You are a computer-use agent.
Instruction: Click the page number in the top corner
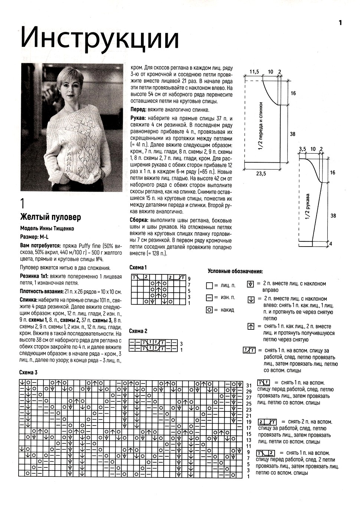(x=340, y=23)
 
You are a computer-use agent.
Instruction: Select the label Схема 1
(x=138, y=267)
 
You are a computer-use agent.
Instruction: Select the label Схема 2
(x=138, y=331)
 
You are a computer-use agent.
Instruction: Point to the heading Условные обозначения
(x=235, y=271)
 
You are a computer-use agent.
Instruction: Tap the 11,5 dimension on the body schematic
(x=254, y=71)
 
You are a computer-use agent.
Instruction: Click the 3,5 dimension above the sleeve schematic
(x=302, y=149)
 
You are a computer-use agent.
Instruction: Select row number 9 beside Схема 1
(x=189, y=278)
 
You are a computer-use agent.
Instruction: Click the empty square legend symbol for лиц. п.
(x=209, y=286)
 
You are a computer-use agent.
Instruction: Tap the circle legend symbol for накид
(x=209, y=310)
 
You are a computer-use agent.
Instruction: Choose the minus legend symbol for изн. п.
(x=209, y=298)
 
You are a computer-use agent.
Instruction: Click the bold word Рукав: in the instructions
(x=138, y=117)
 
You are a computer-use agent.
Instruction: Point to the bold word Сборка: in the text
(x=140, y=219)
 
